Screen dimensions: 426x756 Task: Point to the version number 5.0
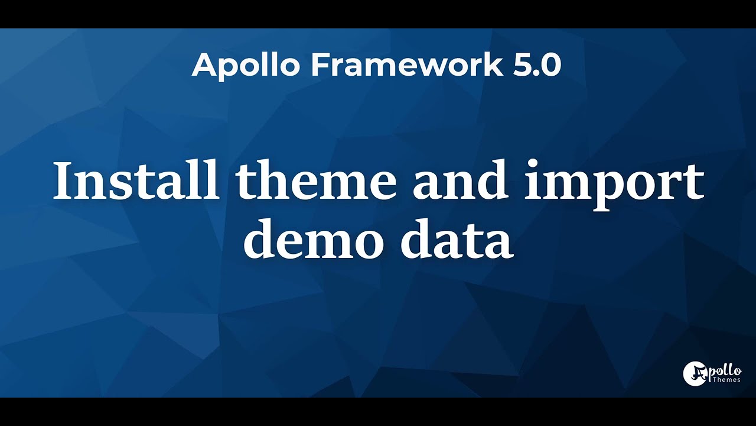pos(537,64)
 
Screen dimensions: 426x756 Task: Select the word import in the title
pos(614,181)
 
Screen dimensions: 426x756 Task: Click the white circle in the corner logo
pos(695,373)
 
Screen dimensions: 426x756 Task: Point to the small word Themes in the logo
pos(726,380)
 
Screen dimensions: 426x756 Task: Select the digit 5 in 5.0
pos(523,64)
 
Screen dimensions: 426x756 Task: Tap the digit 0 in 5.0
pos(550,64)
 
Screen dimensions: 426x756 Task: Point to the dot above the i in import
pos(535,163)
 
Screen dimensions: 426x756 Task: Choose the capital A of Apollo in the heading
pos(203,64)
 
